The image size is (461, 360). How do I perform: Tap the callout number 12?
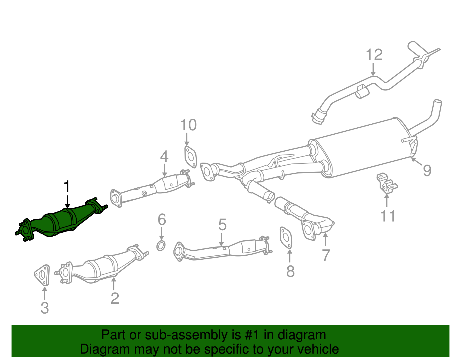(x=374, y=55)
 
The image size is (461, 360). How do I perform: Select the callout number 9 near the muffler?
(x=427, y=170)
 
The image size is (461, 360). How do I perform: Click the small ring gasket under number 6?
(x=161, y=246)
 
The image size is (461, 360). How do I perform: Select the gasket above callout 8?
(x=286, y=238)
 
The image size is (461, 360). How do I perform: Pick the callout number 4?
(x=164, y=157)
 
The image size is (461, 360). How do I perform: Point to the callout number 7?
(x=326, y=255)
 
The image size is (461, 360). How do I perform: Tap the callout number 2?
(x=115, y=298)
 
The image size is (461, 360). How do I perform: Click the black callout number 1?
(x=67, y=187)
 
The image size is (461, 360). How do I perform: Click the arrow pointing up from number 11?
(x=386, y=200)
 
